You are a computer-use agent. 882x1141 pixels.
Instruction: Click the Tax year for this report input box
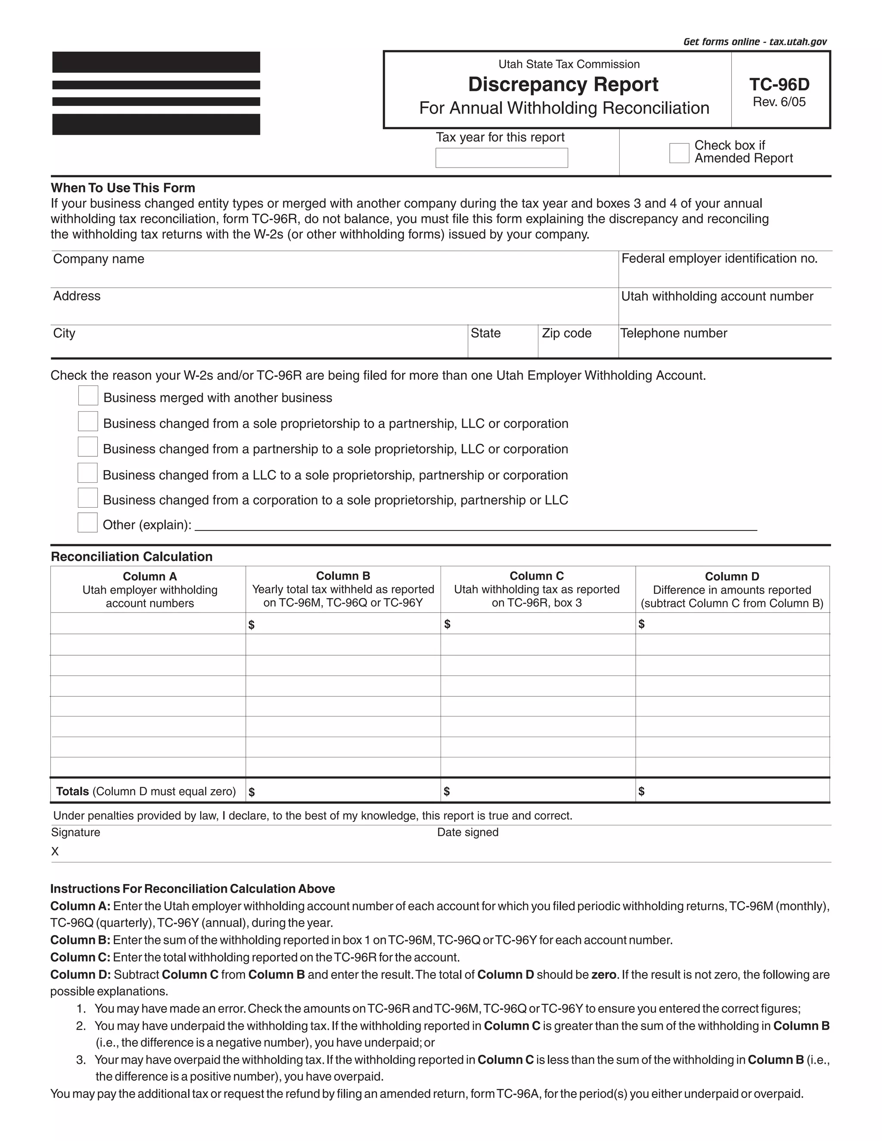(x=501, y=158)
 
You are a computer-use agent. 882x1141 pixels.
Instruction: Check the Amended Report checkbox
(x=679, y=153)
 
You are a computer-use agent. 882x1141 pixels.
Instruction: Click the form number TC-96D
(x=779, y=85)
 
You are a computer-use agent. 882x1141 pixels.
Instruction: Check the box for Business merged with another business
(x=88, y=396)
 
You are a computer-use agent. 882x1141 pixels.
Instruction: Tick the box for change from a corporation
(x=87, y=498)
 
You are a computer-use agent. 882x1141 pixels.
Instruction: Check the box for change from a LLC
(x=87, y=473)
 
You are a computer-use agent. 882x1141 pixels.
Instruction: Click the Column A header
(x=149, y=576)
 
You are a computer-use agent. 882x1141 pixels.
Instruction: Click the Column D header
(x=732, y=576)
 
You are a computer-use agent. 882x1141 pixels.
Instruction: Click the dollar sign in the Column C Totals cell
(x=446, y=791)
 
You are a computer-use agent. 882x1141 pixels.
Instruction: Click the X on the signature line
(x=55, y=852)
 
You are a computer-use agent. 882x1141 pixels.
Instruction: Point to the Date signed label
(x=467, y=832)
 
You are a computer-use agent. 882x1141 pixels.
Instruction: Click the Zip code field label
(x=566, y=333)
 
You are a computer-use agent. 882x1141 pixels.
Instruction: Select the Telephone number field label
(x=673, y=333)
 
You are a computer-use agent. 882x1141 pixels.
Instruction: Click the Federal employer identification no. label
(x=719, y=259)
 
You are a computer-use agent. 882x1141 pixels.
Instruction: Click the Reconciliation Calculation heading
(x=132, y=556)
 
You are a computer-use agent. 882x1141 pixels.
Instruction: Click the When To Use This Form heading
(x=123, y=188)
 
